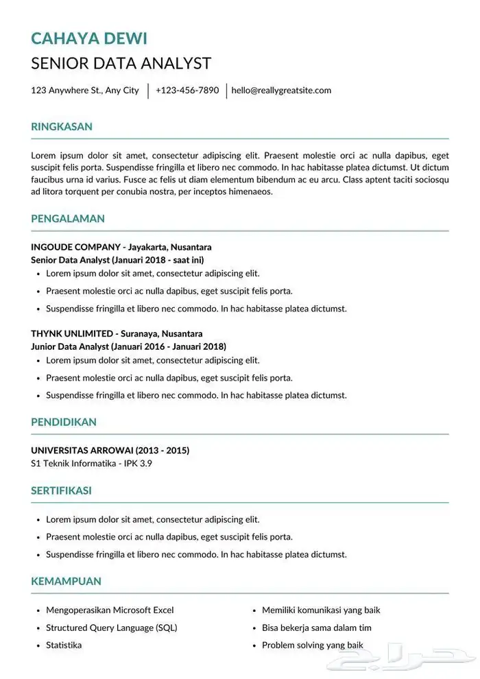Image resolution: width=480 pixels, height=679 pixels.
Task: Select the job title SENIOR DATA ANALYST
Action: click(x=121, y=64)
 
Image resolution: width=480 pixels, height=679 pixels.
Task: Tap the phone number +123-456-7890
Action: click(x=187, y=90)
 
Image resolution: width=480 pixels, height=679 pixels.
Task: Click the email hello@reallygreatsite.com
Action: click(x=281, y=90)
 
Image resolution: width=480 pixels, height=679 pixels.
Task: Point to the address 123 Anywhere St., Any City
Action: click(x=85, y=90)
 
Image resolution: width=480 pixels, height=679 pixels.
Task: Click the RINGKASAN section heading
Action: click(x=62, y=127)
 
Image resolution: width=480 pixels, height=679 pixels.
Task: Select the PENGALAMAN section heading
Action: click(x=68, y=219)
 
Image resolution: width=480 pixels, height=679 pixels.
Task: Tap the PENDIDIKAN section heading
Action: click(x=64, y=422)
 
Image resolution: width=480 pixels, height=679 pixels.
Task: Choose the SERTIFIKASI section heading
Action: click(x=62, y=490)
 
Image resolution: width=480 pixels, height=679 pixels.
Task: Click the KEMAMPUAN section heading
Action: click(x=66, y=581)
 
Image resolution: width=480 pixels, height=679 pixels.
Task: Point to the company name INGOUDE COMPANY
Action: click(x=75, y=247)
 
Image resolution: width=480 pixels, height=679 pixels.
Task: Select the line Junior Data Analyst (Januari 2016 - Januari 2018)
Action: click(x=128, y=346)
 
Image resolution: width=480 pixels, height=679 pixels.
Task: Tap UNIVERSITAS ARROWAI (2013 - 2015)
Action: click(x=110, y=451)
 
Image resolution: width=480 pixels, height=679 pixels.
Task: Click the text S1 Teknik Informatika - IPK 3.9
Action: click(x=91, y=464)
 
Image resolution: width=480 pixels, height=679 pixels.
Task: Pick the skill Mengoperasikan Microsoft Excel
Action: click(x=110, y=610)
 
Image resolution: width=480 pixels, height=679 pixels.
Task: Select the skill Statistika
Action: click(x=64, y=645)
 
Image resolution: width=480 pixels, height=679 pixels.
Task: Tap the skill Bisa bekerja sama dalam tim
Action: click(x=317, y=628)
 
